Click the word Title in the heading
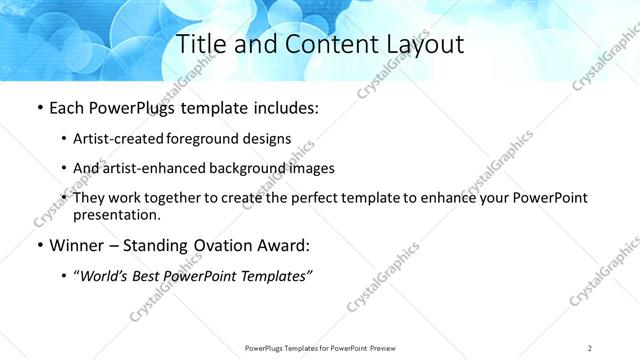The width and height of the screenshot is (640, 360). (x=201, y=44)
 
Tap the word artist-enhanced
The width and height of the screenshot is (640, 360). (x=157, y=168)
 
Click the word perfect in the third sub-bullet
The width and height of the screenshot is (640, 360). (x=314, y=199)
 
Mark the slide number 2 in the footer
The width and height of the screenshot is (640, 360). (x=590, y=347)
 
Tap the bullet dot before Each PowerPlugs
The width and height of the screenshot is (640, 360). (x=38, y=107)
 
